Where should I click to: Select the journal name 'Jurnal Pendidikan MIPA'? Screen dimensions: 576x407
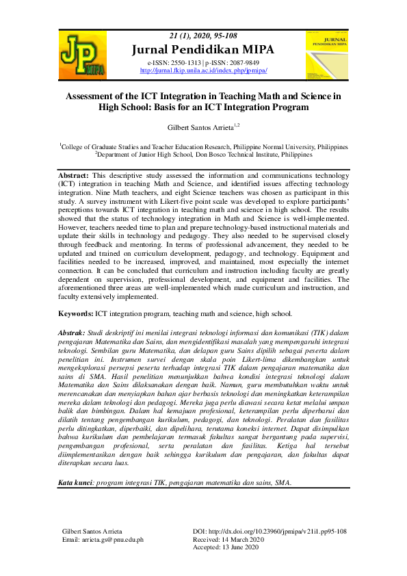203,49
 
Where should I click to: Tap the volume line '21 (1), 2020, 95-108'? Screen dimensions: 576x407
203,36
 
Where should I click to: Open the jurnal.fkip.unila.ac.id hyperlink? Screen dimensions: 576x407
203,70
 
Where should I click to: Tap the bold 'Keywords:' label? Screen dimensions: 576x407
75,314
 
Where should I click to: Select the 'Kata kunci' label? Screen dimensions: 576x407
75,482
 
